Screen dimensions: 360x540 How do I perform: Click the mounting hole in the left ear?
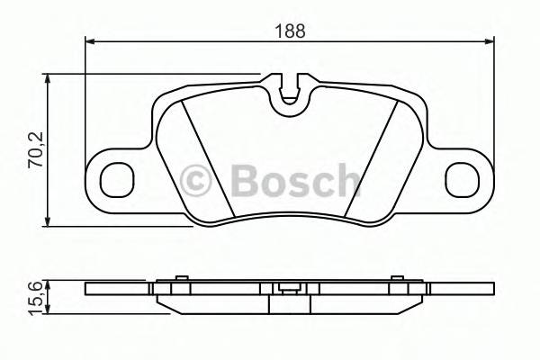pyautogui.click(x=115, y=180)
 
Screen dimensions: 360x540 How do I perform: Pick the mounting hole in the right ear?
pyautogui.click(x=464, y=180)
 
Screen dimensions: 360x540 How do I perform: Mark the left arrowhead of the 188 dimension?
pyautogui.click(x=90, y=40)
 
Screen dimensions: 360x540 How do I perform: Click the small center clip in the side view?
pyautogui.click(x=289, y=289)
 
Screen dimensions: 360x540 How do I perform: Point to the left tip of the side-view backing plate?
pyautogui.click(x=87, y=289)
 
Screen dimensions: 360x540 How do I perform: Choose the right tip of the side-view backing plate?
pyautogui.click(x=491, y=289)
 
